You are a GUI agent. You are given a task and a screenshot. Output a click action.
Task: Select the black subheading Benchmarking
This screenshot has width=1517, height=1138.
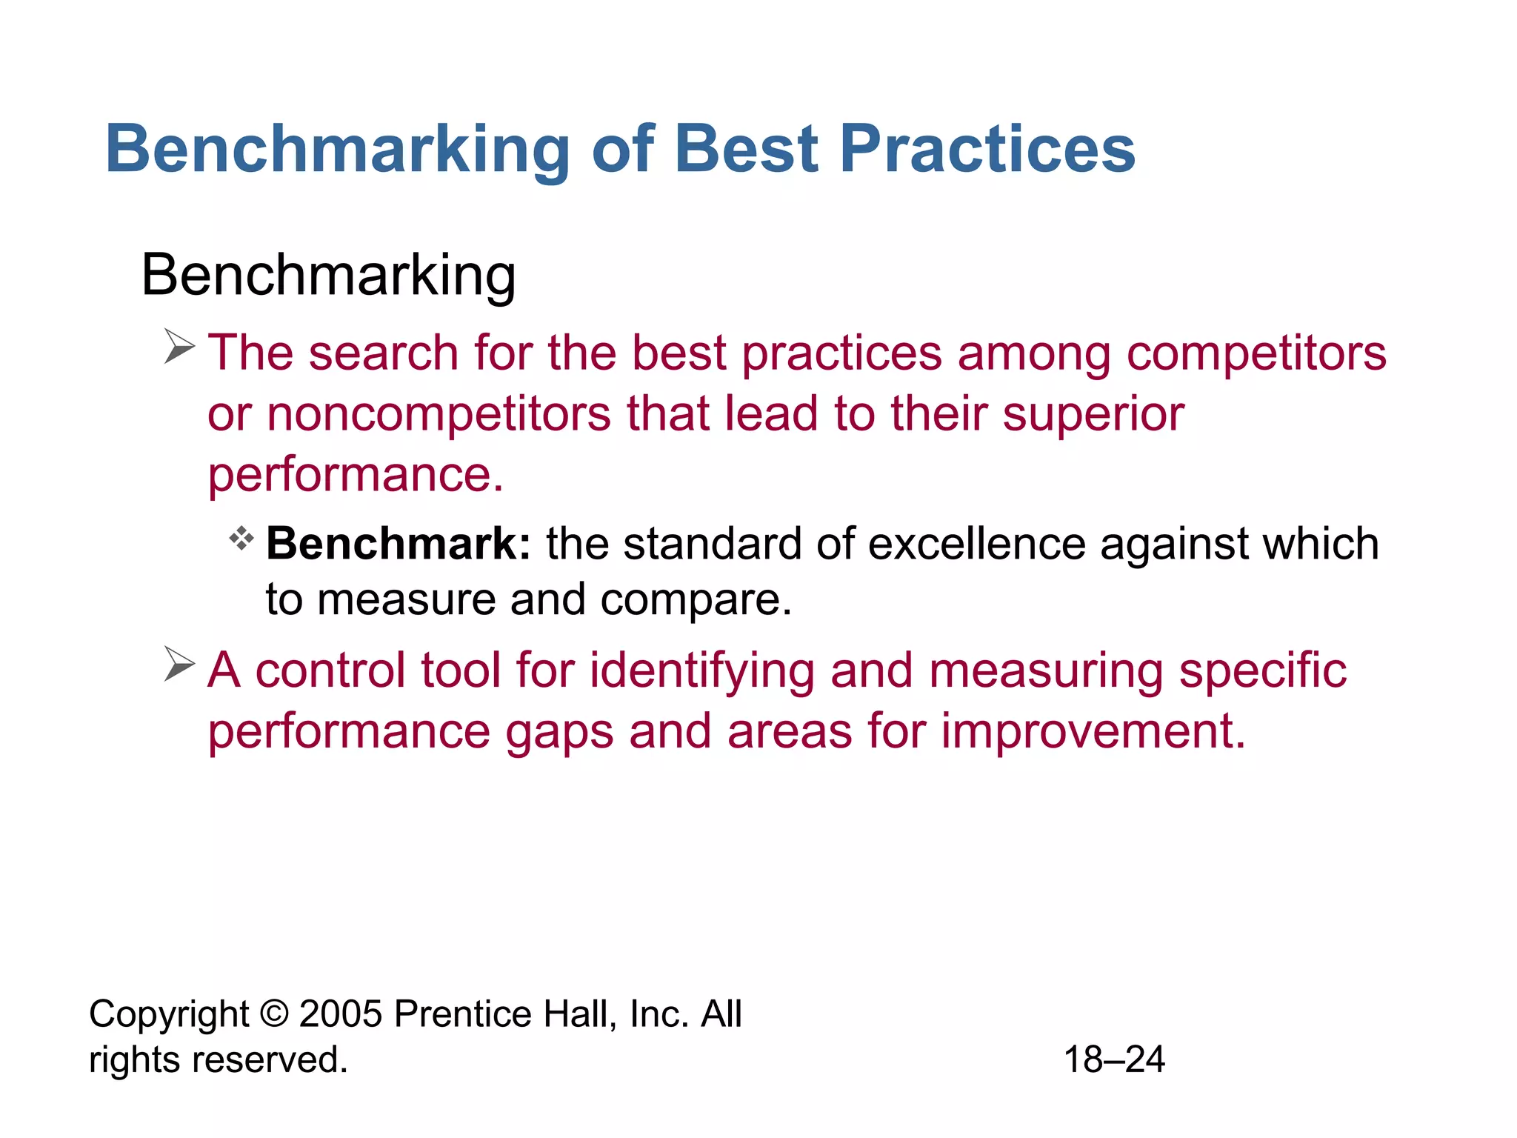[x=328, y=276]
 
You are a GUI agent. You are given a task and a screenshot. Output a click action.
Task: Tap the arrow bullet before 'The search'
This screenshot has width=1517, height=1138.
[x=179, y=347]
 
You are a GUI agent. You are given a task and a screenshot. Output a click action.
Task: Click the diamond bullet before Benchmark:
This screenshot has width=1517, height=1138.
[x=241, y=538]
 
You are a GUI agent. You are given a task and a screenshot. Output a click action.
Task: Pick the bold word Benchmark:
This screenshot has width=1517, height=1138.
[x=399, y=544]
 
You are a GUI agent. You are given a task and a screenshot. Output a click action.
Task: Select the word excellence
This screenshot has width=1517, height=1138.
[x=976, y=544]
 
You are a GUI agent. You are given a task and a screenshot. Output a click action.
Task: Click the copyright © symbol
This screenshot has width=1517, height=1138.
[x=274, y=1014]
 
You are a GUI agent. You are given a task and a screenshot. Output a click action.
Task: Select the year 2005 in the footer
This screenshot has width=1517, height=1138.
[x=341, y=1014]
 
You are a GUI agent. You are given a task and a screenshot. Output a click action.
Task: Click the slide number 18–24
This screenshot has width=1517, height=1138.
[x=1114, y=1059]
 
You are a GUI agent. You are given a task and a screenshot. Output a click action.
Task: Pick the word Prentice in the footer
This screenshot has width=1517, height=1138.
[x=461, y=1014]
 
